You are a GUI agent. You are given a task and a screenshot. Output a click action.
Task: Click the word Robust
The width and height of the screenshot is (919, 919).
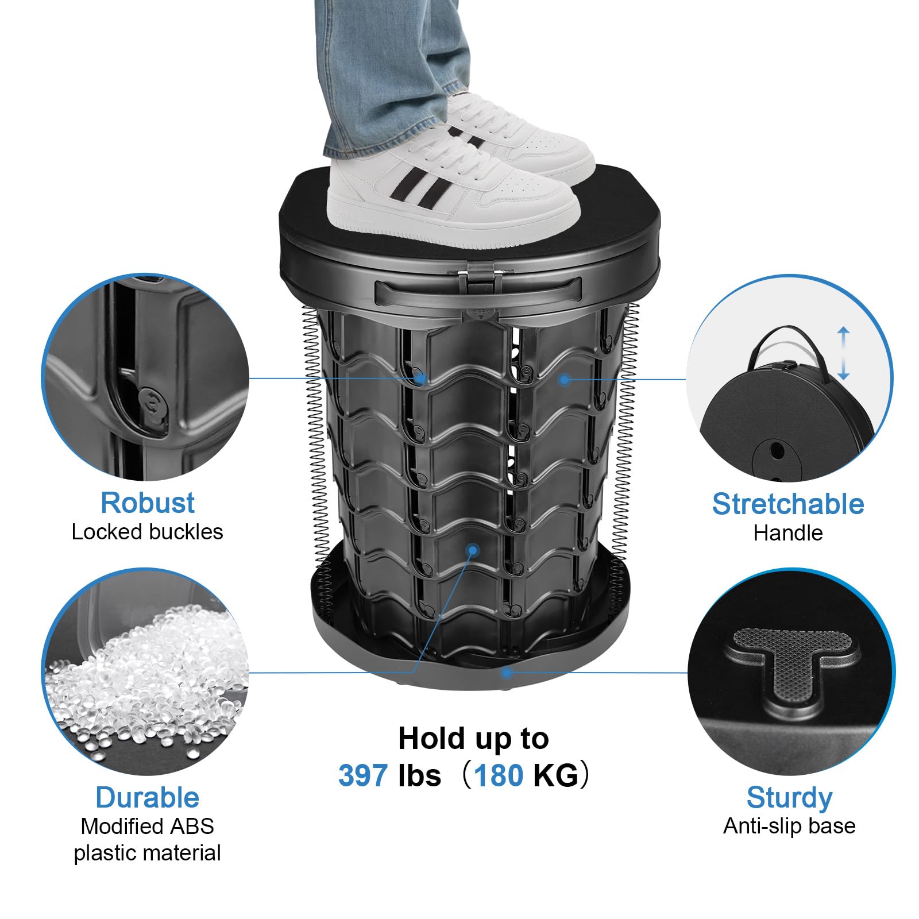coord(148,503)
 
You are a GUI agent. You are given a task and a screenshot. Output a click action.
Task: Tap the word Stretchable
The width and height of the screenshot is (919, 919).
coord(788,504)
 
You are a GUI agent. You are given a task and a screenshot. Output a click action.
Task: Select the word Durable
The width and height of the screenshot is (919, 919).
coord(148,797)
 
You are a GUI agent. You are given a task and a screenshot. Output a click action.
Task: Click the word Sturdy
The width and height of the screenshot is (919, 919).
coord(789,798)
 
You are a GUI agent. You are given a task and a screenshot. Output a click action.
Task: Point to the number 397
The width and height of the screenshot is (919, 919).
coord(362,775)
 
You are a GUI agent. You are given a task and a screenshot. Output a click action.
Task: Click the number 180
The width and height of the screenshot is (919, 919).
coord(499,775)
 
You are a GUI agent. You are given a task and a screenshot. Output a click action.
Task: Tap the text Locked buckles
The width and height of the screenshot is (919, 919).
coord(147,532)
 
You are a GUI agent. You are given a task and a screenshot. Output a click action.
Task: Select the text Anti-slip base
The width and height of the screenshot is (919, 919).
coord(789,826)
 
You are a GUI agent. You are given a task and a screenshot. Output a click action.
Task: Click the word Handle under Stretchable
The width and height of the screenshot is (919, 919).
coord(788,533)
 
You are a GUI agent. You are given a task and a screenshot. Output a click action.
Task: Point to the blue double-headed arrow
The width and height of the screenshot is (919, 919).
coord(843,353)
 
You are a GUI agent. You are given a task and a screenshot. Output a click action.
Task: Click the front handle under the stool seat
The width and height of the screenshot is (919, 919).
coord(478,290)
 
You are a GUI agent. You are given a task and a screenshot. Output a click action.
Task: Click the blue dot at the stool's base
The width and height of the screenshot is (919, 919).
coord(507,672)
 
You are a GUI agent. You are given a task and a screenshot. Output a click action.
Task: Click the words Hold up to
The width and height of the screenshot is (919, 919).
coord(473,739)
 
